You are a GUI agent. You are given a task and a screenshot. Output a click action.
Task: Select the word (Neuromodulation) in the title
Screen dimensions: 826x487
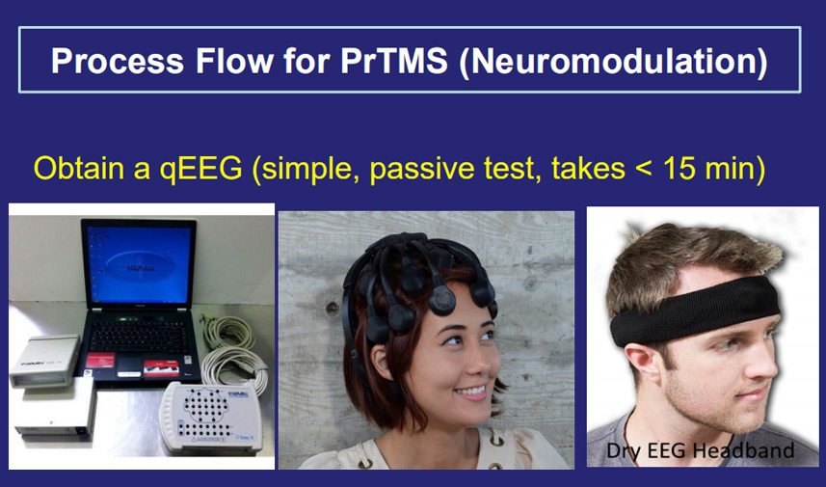613,62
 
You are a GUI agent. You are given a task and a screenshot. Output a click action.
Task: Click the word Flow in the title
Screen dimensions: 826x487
233,61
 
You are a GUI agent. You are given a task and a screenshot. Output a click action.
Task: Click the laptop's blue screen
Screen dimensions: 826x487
140,266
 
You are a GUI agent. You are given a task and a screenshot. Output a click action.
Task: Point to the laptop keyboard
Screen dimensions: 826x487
139,336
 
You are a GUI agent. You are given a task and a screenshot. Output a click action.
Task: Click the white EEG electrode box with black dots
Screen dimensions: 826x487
211,417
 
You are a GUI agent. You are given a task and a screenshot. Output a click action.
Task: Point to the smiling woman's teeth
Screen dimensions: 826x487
471,392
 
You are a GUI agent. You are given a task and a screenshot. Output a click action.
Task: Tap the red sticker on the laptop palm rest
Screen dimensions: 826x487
100,360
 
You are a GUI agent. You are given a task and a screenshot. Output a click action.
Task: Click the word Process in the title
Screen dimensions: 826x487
118,61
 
